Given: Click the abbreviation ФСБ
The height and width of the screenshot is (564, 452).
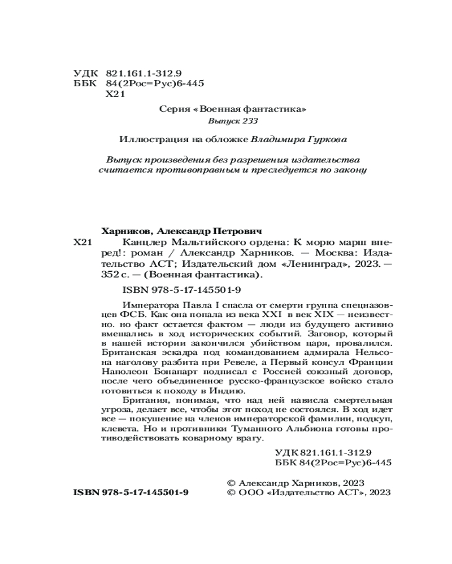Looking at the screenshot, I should pos(111,316).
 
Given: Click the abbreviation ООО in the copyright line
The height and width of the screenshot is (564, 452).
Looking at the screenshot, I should pos(249,492).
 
